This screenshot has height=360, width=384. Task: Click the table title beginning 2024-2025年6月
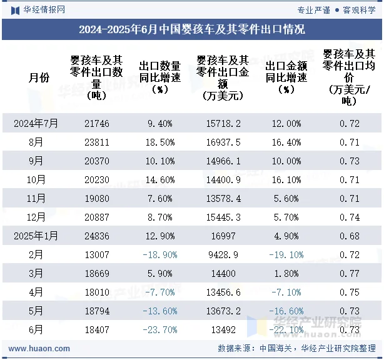(192, 29)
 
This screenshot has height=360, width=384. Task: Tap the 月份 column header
(39, 77)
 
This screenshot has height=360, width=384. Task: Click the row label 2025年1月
(36, 236)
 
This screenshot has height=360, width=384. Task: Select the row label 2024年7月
(36, 124)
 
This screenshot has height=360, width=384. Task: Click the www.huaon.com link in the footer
(39, 349)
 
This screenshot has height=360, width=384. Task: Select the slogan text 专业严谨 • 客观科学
(336, 10)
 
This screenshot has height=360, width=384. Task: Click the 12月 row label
(36, 217)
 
